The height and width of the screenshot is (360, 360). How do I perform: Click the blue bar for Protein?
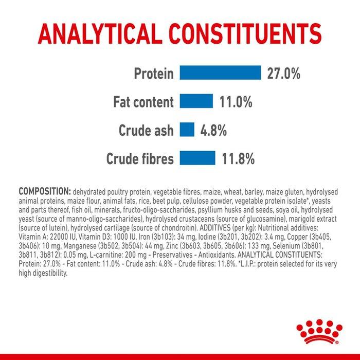pyautogui.click(x=220, y=73)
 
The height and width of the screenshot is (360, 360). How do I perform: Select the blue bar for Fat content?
pyautogui.click(x=196, y=101)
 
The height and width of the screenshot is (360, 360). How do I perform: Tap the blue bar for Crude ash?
pyautogui.click(x=187, y=130)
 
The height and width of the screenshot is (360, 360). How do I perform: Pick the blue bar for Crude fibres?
pyautogui.click(x=197, y=158)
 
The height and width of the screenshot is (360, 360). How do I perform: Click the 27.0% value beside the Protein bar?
pyautogui.click(x=283, y=74)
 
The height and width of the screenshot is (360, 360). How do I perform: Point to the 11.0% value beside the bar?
pyautogui.click(x=236, y=102)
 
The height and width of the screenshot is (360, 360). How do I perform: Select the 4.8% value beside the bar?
pyautogui.click(x=213, y=131)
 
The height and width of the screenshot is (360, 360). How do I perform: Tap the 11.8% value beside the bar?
pyautogui.click(x=238, y=159)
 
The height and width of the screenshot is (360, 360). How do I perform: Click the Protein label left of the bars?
pyautogui.click(x=154, y=74)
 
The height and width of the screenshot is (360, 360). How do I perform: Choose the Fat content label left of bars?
pyautogui.click(x=143, y=102)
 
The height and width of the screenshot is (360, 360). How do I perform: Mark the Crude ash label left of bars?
pyautogui.click(x=146, y=130)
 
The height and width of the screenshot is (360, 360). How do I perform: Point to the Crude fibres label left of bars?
pyautogui.click(x=140, y=158)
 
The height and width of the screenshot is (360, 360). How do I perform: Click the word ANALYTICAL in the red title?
pyautogui.click(x=99, y=34)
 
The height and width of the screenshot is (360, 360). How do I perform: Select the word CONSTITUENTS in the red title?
pyautogui.click(x=245, y=34)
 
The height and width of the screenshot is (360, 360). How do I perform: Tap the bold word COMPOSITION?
pyautogui.click(x=45, y=191)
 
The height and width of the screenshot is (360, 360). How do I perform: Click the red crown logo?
pyautogui.click(x=319, y=332)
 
